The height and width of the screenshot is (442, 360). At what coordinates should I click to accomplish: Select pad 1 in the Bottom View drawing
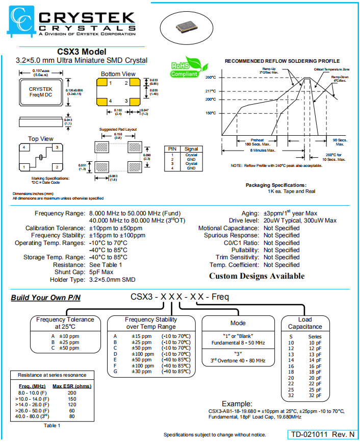coord(105,83)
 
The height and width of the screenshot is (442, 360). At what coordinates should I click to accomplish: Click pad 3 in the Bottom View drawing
coord(132,101)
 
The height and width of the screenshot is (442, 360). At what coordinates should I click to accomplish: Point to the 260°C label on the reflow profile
coord(211,78)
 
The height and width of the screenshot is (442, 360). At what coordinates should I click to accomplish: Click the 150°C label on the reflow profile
coord(211,113)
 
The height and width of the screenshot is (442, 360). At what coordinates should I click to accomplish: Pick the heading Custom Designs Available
coord(256,276)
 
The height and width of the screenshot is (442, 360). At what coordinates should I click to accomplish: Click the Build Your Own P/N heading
coord(46,298)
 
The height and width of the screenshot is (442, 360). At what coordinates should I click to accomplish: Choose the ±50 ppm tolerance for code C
coord(68,348)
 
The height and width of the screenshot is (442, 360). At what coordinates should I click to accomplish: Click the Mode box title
coord(238,323)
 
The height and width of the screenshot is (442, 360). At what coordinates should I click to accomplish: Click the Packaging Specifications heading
coord(276,185)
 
